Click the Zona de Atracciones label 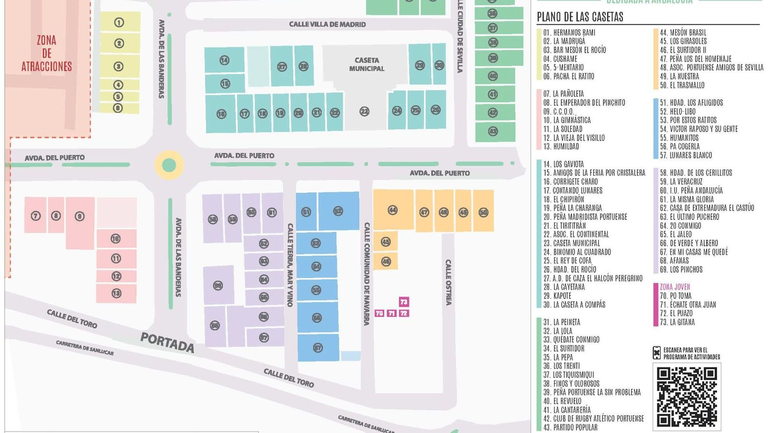tap(47, 53)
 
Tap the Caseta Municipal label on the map tap(367, 64)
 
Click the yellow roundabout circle tap(169, 165)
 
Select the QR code tap(687, 396)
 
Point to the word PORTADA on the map tap(167, 343)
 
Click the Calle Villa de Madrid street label tap(327, 24)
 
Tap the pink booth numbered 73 tap(404, 302)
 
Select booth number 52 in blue tap(338, 211)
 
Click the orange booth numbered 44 tap(393, 210)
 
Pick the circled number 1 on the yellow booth tap(119, 22)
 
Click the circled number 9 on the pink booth tap(80, 216)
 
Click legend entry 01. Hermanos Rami tap(569, 33)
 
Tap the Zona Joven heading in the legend tap(675, 287)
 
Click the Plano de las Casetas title tap(580, 17)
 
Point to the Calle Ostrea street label tap(448, 282)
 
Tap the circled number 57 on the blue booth tap(318, 348)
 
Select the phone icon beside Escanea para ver tap(657, 353)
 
